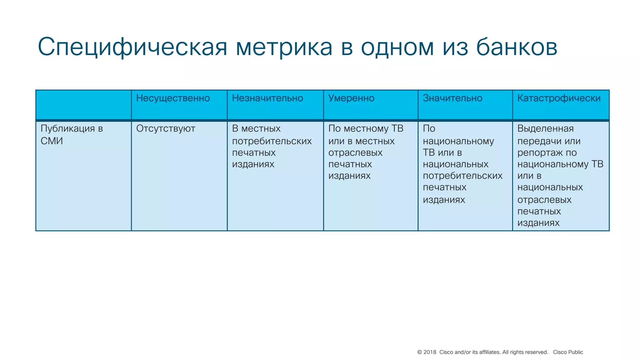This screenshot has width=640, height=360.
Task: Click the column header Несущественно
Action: [x=173, y=98]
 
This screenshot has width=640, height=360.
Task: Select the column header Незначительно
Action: [x=267, y=98]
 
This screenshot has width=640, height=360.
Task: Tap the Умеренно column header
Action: [x=351, y=98]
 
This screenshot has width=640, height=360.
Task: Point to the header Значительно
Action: [x=452, y=98]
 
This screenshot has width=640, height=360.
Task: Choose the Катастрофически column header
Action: [x=559, y=98]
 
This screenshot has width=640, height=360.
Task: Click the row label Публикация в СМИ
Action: [x=72, y=134]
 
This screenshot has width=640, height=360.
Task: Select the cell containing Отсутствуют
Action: [x=166, y=128]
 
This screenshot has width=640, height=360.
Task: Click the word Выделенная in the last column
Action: [x=545, y=128]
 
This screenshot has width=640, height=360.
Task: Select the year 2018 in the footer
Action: [x=430, y=352]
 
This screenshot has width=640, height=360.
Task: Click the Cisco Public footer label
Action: [x=568, y=352]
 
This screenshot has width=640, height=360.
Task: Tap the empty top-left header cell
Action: [x=83, y=105]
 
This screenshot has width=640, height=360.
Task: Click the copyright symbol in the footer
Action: [x=420, y=352]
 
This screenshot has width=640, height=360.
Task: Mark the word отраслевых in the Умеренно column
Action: [x=355, y=153]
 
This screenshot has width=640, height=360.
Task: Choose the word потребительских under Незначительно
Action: [x=272, y=141]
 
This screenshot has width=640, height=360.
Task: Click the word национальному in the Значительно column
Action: [x=458, y=141]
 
